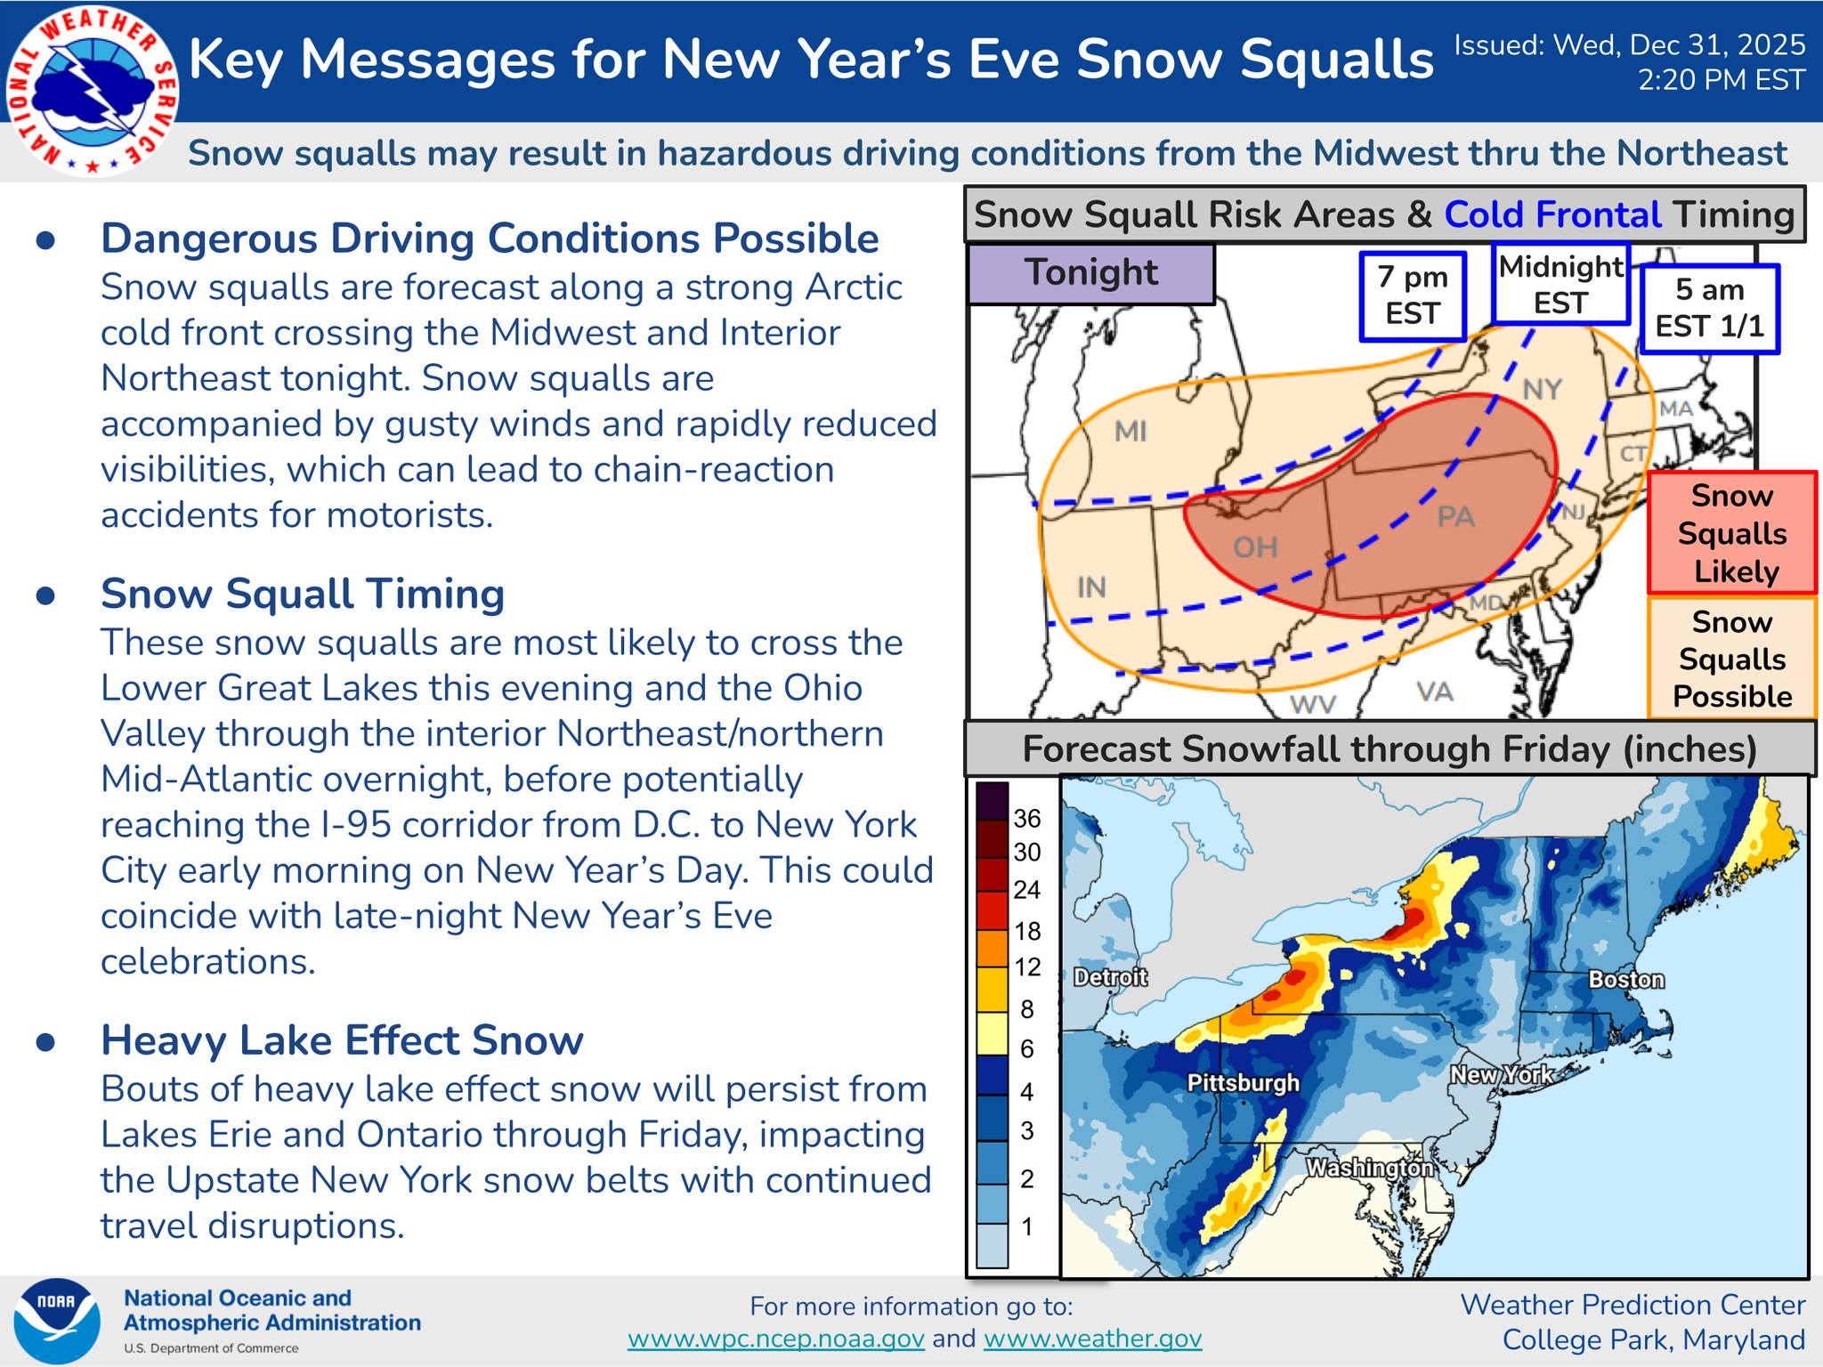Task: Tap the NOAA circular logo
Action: point(56,1322)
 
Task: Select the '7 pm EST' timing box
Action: point(1413,296)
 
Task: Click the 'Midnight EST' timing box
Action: point(1561,284)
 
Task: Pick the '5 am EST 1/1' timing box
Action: point(1709,309)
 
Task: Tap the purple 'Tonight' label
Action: point(1091,273)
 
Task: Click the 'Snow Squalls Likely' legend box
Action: point(1732,533)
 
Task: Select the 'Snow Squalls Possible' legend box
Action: point(1732,659)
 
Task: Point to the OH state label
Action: point(1255,547)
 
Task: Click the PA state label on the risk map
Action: point(1456,516)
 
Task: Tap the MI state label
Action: point(1130,432)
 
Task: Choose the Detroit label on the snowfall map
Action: point(1110,977)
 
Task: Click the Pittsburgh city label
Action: point(1244,1083)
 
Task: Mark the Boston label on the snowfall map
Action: point(1626,980)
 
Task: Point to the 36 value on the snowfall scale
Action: point(1027,819)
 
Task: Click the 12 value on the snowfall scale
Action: point(1027,967)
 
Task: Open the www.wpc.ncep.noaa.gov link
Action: point(776,1339)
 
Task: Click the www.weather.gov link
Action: point(1092,1339)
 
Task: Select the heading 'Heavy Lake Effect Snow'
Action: point(342,1039)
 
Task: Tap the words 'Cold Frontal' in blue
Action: point(1552,214)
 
